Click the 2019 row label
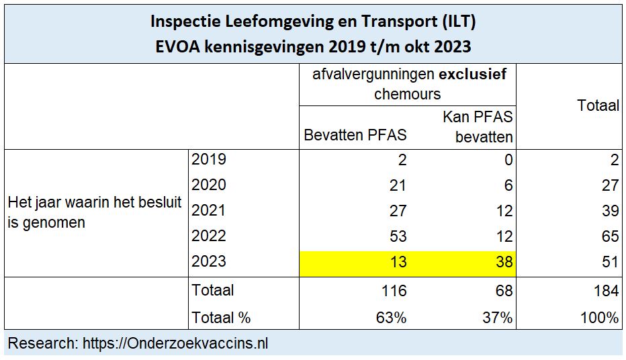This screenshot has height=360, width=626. pos(209,160)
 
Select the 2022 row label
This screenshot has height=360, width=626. pos(209,236)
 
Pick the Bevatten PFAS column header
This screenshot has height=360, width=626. pos(355,135)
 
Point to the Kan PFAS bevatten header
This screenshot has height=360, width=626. pos(478,127)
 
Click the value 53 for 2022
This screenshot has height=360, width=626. pos(398,236)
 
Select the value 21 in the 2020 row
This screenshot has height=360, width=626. pos(398,185)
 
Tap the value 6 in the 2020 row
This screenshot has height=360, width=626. pos(508,185)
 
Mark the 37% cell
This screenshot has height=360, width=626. pos(498,318)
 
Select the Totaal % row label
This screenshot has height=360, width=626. pos(221,318)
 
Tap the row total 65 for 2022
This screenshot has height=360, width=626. pos(609,236)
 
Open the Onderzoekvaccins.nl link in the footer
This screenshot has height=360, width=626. pos(175,344)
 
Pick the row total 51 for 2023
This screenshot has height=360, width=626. pos(609,262)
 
